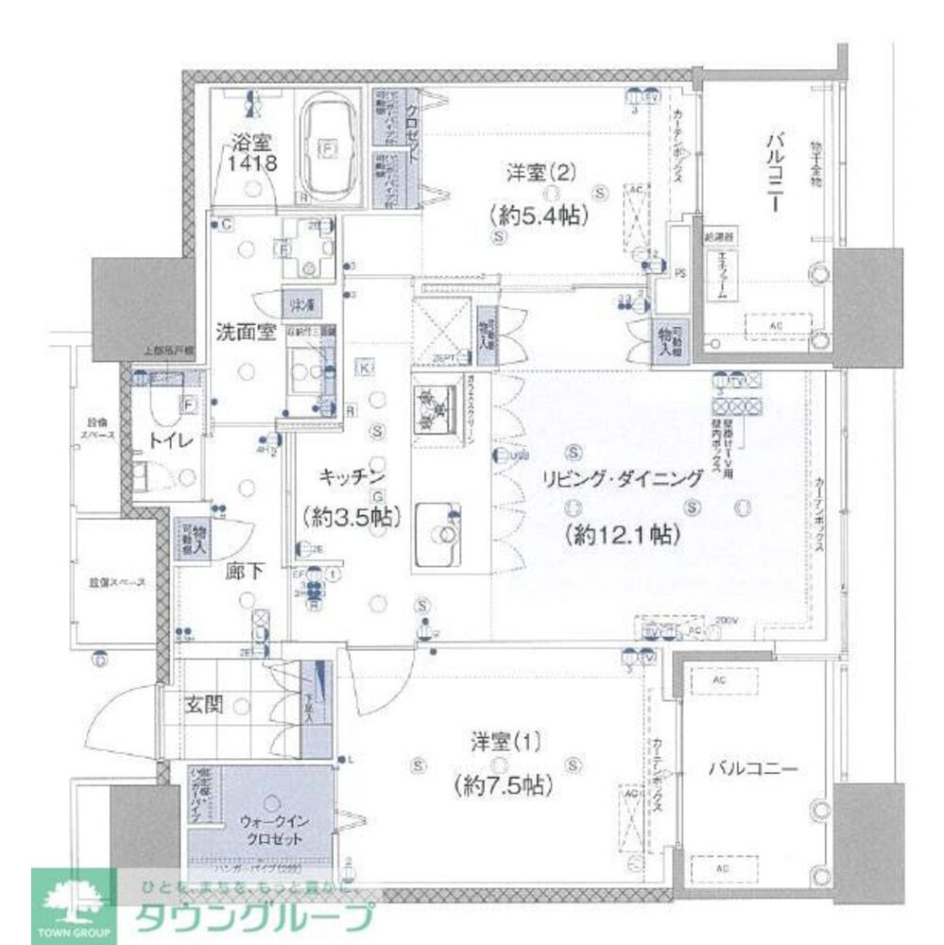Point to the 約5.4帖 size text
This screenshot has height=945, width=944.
coord(541,215)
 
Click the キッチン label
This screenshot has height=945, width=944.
coord(348,477)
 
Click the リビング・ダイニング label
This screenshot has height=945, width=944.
coord(622,479)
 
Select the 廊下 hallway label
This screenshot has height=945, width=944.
coord(241,572)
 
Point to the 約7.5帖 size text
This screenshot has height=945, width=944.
coord(503,783)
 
